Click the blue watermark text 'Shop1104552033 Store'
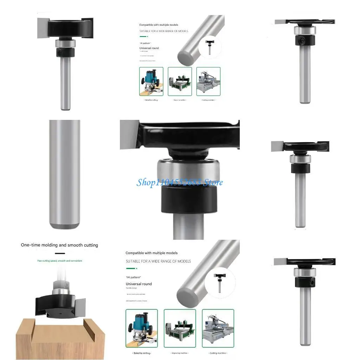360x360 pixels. (179, 182)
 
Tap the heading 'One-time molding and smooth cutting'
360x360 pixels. (59, 245)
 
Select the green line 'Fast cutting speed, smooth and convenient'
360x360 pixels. (60, 261)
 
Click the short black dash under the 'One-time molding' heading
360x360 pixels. (60, 253)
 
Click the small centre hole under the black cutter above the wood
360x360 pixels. (58, 312)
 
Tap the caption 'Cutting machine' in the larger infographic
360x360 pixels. (218, 353)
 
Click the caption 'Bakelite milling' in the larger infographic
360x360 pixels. (141, 353)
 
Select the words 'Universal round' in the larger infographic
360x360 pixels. (139, 284)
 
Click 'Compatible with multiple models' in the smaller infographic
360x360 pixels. (159, 25)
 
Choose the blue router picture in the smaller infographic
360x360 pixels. (151, 82)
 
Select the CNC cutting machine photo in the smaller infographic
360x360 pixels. (208, 82)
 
